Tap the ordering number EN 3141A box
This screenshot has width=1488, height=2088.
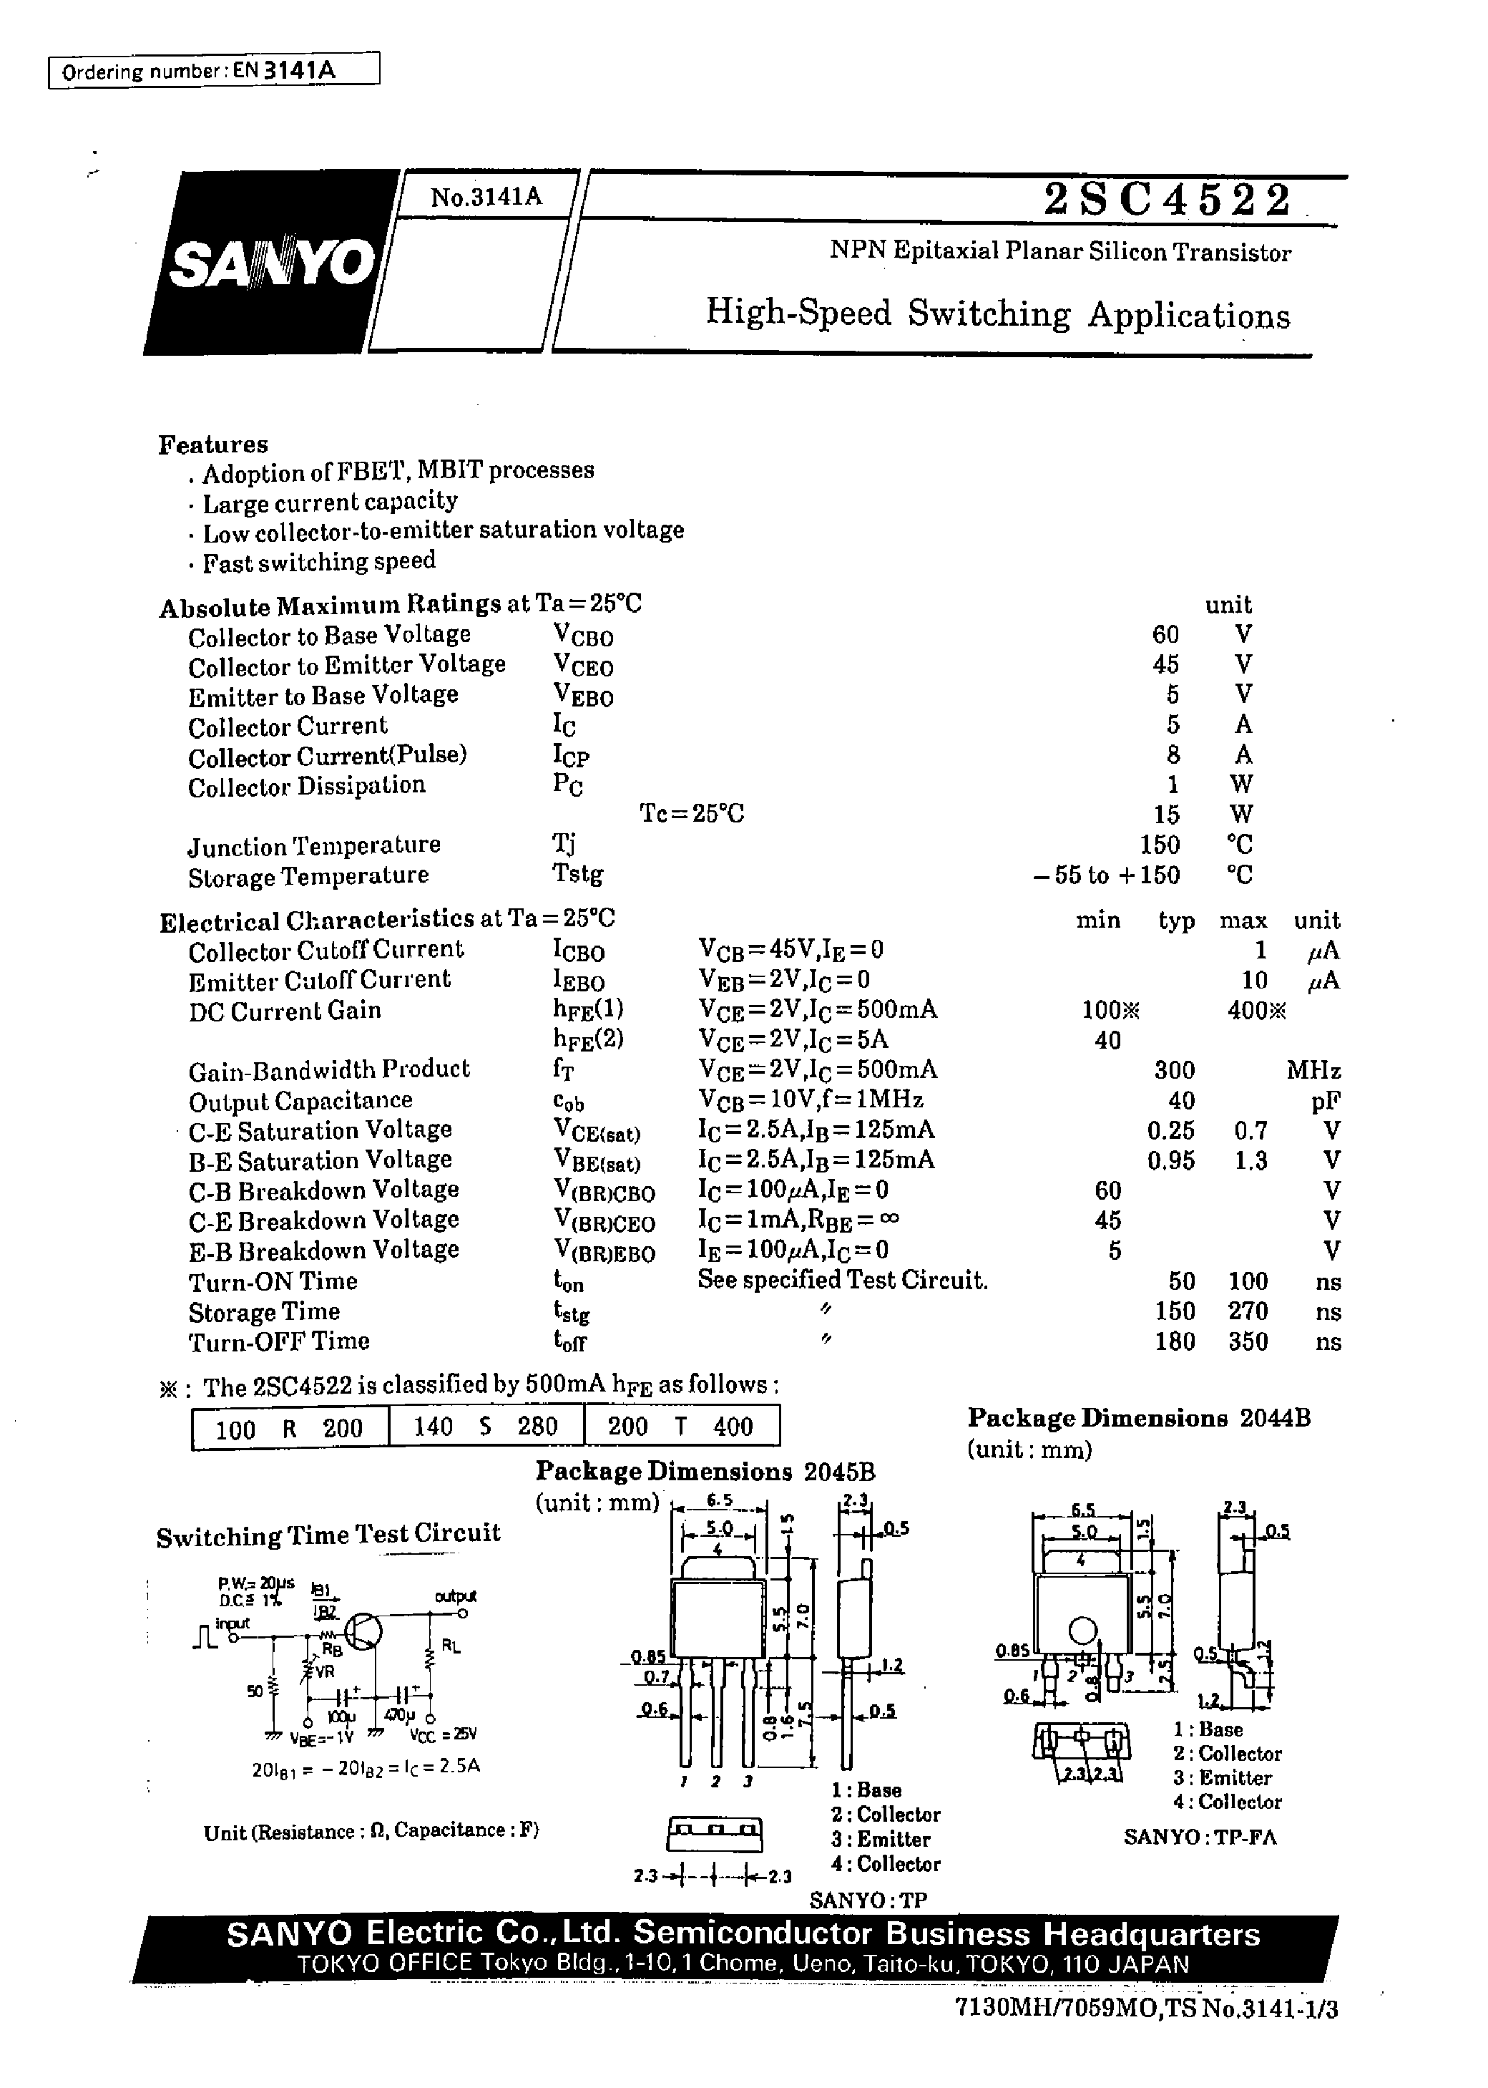point(213,71)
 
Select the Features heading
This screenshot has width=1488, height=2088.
point(212,445)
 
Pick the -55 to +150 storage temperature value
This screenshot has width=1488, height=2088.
point(1106,875)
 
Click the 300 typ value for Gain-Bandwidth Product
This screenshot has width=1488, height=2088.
point(1174,1069)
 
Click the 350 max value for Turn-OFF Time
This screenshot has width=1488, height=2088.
point(1247,1342)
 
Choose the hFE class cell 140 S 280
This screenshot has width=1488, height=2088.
point(486,1427)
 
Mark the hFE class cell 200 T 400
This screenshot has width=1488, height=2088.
point(681,1427)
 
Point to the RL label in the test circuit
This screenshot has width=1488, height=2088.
point(451,1646)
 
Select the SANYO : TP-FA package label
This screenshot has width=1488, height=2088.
point(1200,1836)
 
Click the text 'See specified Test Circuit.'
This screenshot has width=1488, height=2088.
point(842,1281)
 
